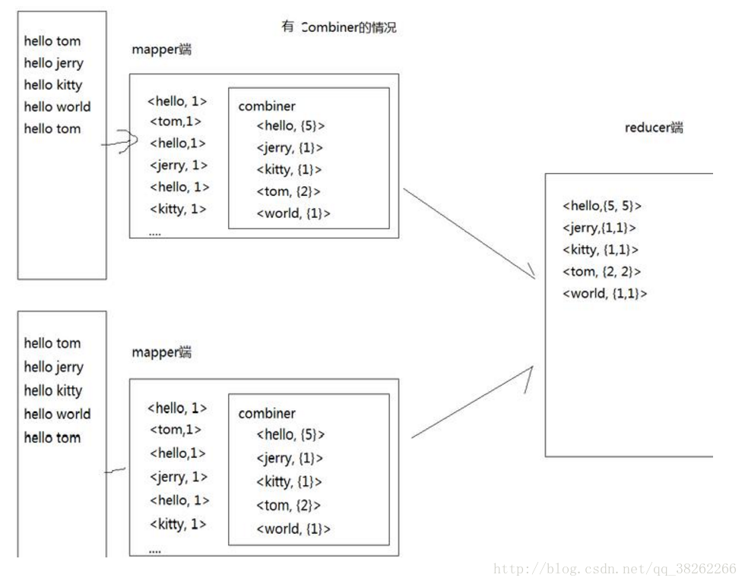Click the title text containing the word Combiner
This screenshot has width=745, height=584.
pyautogui.click(x=339, y=28)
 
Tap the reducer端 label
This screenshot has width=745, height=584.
pyautogui.click(x=653, y=128)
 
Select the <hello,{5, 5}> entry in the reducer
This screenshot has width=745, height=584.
pyautogui.click(x=602, y=205)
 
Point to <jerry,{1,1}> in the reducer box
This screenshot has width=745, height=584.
pyautogui.click(x=599, y=227)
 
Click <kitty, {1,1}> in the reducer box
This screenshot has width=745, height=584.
pyautogui.click(x=600, y=249)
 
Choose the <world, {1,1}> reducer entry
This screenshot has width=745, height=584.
pyautogui.click(x=604, y=293)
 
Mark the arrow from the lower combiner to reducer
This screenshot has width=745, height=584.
pyautogui.click(x=471, y=402)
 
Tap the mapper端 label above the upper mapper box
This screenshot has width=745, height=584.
pyautogui.click(x=161, y=50)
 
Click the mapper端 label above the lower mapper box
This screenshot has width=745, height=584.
pyautogui.click(x=161, y=352)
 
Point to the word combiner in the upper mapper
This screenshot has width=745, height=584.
pyautogui.click(x=267, y=106)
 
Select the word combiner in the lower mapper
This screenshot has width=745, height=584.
pyautogui.click(x=267, y=414)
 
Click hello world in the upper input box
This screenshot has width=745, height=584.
pyautogui.click(x=57, y=107)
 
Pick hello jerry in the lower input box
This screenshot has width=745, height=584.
pyautogui.click(x=53, y=367)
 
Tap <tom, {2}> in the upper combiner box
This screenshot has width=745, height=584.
pyautogui.click(x=288, y=191)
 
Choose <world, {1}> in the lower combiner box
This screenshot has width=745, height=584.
pyautogui.click(x=293, y=529)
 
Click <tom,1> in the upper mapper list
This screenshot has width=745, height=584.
pyautogui.click(x=176, y=122)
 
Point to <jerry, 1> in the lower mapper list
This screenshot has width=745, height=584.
pyautogui.click(x=179, y=478)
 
